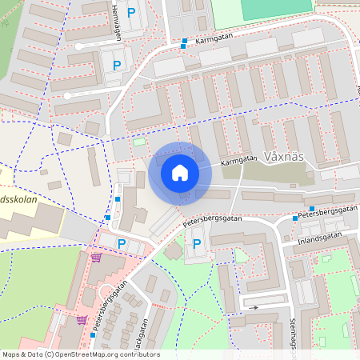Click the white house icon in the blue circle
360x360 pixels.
(x=180, y=172)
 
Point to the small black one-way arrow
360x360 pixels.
(x=254, y=306)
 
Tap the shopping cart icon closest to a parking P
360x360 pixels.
(x=97, y=258)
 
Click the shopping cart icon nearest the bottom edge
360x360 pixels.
(x=82, y=319)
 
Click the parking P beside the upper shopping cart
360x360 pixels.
(x=122, y=244)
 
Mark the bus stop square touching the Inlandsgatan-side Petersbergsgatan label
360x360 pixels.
(x=294, y=218)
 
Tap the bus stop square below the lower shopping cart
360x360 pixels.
(x=93, y=335)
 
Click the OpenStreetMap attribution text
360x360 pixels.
(x=80, y=354)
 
